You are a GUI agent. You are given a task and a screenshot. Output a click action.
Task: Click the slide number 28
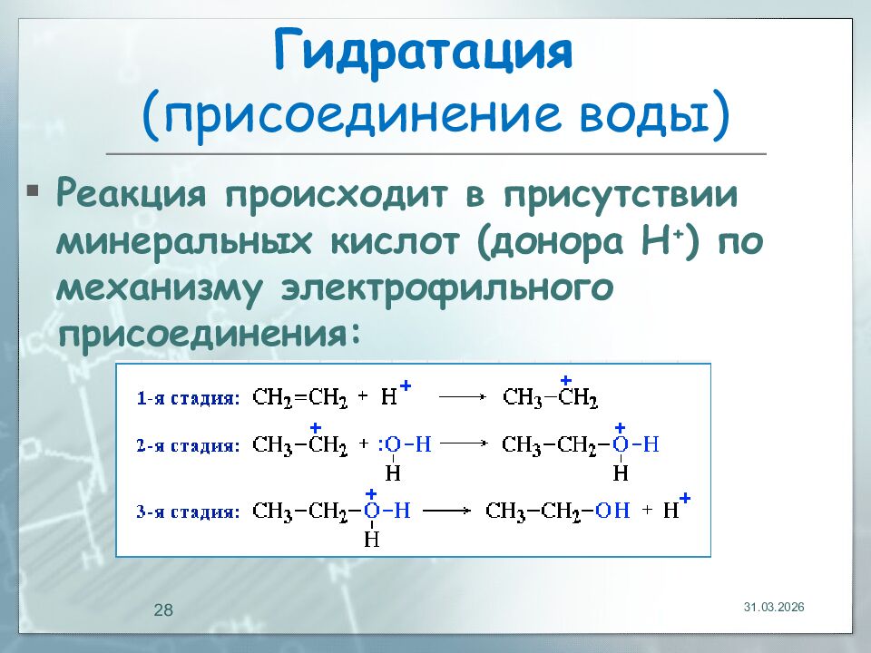pyautogui.click(x=163, y=610)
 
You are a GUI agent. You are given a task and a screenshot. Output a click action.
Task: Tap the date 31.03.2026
pyautogui.click(x=774, y=606)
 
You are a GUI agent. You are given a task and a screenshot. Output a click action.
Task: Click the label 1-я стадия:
pyautogui.click(x=189, y=397)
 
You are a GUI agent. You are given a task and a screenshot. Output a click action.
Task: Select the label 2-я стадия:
pyautogui.click(x=189, y=445)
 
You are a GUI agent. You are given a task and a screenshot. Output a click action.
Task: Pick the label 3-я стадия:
pyautogui.click(x=189, y=512)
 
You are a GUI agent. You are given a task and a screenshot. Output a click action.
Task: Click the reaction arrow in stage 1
pyautogui.click(x=465, y=397)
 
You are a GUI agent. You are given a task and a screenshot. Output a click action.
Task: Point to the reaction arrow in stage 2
pyautogui.click(x=465, y=444)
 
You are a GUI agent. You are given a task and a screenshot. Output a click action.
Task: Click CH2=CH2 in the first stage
pyautogui.click(x=299, y=397)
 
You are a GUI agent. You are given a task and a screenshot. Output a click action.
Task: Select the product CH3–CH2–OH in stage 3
pyautogui.click(x=557, y=511)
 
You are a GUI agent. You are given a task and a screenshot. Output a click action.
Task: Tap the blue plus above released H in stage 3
pyautogui.click(x=685, y=498)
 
